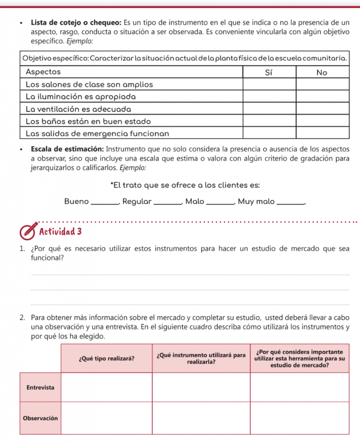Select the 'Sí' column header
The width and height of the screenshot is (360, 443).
click(269, 72)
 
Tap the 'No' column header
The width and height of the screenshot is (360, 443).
click(322, 72)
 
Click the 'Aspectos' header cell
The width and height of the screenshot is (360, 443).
click(43, 71)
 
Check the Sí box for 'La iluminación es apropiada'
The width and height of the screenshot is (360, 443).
click(269, 96)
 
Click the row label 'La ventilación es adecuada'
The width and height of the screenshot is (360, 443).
click(78, 108)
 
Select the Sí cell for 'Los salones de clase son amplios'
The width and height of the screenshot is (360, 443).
click(269, 84)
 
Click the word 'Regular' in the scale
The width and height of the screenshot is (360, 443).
click(137, 201)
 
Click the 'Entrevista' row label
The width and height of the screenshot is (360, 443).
click(40, 387)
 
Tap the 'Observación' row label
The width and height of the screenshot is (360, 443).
click(40, 418)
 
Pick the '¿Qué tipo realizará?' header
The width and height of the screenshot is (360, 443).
click(106, 359)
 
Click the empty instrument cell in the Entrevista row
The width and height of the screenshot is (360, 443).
click(201, 387)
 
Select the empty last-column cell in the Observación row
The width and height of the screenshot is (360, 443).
click(299, 418)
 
